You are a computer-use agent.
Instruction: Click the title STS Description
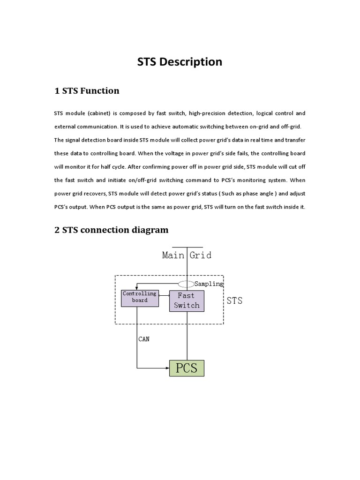[x=180, y=62]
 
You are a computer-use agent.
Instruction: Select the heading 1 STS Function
[x=87, y=91]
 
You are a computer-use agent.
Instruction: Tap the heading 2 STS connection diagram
[x=112, y=230]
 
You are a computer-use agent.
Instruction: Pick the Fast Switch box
[x=187, y=301]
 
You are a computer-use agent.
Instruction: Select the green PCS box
[x=187, y=368]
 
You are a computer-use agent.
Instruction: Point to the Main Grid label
[x=187, y=255]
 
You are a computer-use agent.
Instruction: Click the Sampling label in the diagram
[x=209, y=284]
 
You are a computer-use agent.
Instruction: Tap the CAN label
[x=144, y=339]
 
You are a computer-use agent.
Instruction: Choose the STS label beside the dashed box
[x=234, y=301]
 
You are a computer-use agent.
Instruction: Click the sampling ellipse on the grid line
[x=187, y=284]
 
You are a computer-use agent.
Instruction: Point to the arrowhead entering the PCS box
[x=166, y=368]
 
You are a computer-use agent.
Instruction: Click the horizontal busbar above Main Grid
[x=187, y=247]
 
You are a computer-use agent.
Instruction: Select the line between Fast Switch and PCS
[x=187, y=336]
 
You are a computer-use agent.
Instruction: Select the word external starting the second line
[x=66, y=127]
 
